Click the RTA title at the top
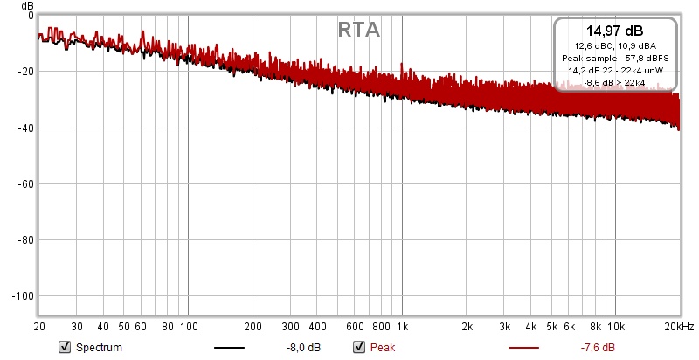(358, 30)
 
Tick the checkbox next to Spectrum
(64, 347)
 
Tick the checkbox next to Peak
(358, 347)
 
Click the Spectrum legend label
(99, 347)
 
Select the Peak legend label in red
(383, 347)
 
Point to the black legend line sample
(229, 348)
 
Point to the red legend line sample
(523, 348)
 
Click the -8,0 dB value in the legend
(302, 347)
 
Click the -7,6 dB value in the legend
(598, 347)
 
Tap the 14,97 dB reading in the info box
(615, 31)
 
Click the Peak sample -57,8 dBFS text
(615, 59)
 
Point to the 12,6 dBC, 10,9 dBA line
(615, 46)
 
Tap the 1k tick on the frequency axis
(402, 326)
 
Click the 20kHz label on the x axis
(678, 326)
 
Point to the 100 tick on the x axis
(189, 326)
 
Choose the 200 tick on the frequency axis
(253, 326)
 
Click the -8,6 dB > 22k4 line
(615, 82)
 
